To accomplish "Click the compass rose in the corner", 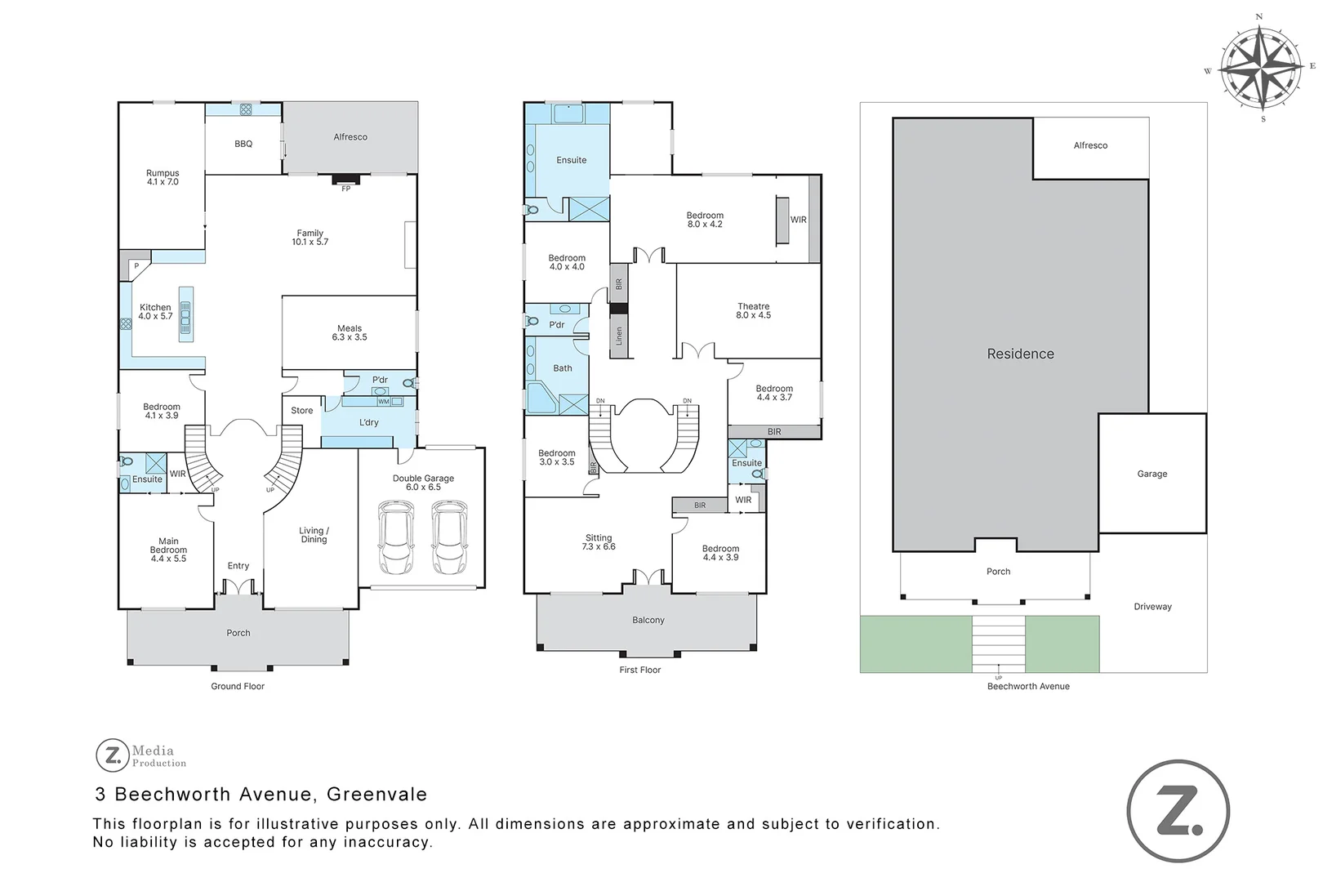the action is coord(1262,69).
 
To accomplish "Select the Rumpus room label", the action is coord(163,177).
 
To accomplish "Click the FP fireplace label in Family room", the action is coord(346,189).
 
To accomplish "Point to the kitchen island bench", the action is coord(186,314).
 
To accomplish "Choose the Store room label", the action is coord(302,411).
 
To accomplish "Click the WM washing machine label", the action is coord(384,402).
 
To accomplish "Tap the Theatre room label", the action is coord(754,310).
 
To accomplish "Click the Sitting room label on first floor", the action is coord(599,541).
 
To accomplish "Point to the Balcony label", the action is coord(648,620).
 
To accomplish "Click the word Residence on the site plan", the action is coord(1021,354).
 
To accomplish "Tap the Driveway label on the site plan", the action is coord(1153,607).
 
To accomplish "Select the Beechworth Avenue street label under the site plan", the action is coord(1028,686).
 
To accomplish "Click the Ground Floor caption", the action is coord(238,686).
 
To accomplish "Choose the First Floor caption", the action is coord(640,670).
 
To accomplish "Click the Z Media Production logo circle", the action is coord(112,755).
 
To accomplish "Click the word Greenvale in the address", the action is coord(376,794).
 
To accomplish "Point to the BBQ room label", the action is coord(243,145).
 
